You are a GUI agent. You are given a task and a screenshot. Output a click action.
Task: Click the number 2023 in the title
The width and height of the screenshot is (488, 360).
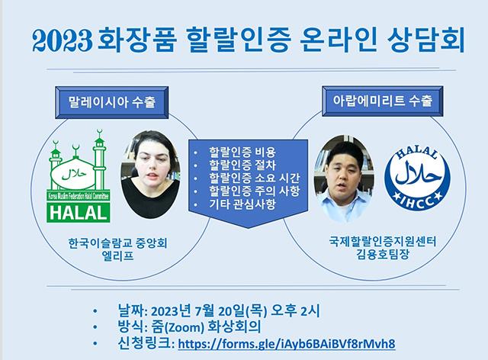(x=63, y=40)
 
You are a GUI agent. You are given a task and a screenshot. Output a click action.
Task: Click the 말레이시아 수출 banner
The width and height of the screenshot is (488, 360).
(x=112, y=102)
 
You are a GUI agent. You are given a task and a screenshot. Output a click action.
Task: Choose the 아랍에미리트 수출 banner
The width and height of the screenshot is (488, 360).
(x=383, y=101)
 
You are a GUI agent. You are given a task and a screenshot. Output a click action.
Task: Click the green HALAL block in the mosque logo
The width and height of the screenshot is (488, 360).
(x=79, y=213)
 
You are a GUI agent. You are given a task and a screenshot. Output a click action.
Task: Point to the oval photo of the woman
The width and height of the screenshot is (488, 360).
(x=151, y=174)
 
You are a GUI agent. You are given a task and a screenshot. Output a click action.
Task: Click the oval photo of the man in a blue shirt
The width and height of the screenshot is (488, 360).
(x=344, y=178)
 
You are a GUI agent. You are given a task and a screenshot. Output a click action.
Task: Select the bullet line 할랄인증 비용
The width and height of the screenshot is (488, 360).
(x=242, y=153)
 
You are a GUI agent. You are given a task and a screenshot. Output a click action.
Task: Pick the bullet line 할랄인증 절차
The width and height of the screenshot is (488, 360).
(x=242, y=166)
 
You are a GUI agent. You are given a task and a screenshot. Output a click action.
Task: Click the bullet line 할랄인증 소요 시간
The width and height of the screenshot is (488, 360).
(x=254, y=178)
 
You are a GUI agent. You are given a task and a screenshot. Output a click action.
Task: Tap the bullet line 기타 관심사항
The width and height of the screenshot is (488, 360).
(x=242, y=204)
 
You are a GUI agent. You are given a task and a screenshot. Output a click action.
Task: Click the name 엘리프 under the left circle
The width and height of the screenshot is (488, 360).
(x=117, y=256)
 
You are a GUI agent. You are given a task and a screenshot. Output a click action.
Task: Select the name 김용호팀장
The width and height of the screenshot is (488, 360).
(x=383, y=255)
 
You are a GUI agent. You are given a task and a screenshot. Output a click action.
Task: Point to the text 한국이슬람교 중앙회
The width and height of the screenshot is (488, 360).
(x=117, y=243)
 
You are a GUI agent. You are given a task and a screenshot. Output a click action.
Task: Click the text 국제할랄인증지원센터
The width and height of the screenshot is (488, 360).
(x=383, y=242)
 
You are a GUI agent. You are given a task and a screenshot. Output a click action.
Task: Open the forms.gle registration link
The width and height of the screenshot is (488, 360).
(x=287, y=344)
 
